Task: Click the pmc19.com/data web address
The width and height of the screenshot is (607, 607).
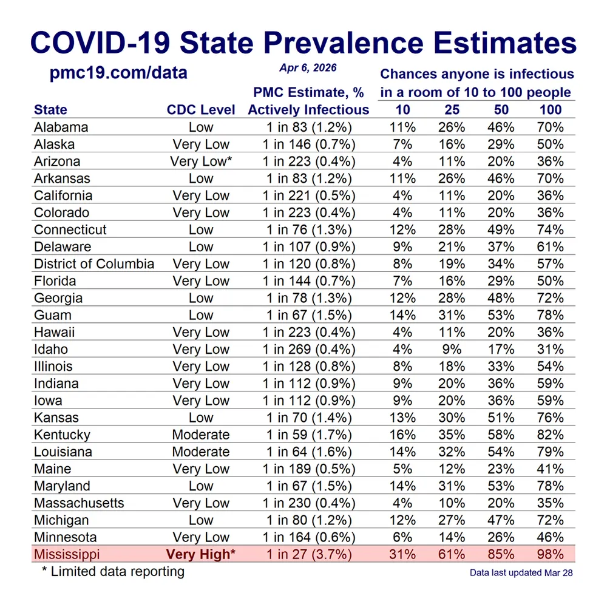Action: click(118, 74)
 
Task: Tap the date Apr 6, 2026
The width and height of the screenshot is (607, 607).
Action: click(308, 68)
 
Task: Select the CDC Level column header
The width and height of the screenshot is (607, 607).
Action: click(201, 110)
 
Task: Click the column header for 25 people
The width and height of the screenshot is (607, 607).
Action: click(452, 110)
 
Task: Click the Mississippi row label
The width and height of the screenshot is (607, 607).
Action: click(67, 554)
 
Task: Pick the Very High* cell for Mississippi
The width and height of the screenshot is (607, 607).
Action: click(201, 554)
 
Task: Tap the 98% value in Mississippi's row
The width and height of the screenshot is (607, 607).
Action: click(551, 554)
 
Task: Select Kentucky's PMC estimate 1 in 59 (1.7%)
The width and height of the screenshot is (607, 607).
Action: click(308, 435)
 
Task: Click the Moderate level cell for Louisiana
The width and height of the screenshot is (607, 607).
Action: click(201, 452)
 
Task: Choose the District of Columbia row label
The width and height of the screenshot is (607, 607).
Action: click(94, 264)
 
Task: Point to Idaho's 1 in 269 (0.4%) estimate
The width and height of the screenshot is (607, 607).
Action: click(308, 349)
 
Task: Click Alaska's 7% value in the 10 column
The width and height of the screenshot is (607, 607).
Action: click(402, 144)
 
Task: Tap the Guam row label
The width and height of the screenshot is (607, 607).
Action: click(53, 315)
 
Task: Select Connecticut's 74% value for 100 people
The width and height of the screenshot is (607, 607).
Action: click(551, 230)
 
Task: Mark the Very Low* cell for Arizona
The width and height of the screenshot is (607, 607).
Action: click(201, 161)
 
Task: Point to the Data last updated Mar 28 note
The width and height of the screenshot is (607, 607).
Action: click(521, 572)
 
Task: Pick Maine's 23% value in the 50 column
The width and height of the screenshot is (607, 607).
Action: click(501, 469)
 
